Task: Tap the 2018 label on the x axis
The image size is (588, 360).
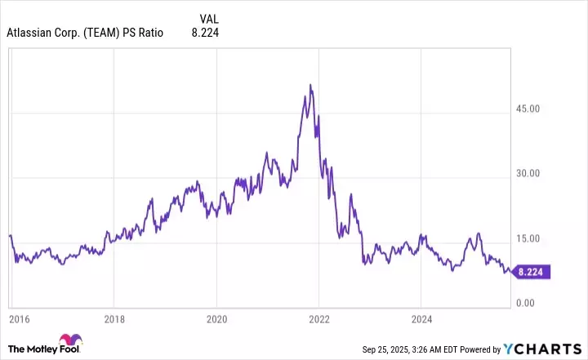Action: tap(115, 318)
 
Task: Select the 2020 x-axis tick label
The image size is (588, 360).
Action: tap(216, 318)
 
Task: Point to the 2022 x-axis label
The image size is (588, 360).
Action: tap(318, 318)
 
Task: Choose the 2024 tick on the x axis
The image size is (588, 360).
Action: tap(421, 318)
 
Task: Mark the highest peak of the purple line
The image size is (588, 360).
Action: tap(310, 85)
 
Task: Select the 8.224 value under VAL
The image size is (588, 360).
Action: tap(204, 33)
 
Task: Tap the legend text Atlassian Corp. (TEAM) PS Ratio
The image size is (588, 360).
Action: tap(85, 33)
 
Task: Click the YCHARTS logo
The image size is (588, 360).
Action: tap(552, 349)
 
